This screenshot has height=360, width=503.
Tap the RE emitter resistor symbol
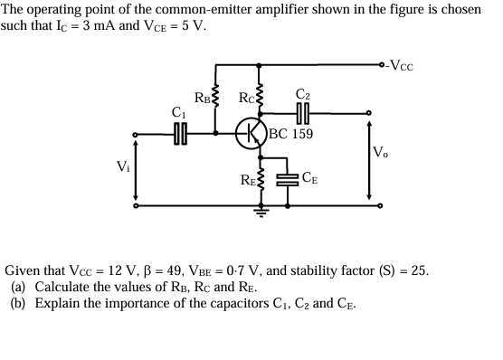(x=261, y=179)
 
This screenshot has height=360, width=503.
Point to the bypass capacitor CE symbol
(x=287, y=177)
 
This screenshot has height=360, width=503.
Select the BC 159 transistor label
(x=291, y=134)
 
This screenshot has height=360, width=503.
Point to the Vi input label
(x=122, y=167)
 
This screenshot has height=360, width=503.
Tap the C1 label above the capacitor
(x=179, y=113)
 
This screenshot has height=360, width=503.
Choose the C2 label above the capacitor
(x=303, y=95)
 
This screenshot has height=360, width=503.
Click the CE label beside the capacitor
(x=309, y=177)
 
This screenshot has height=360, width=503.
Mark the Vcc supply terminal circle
(x=384, y=65)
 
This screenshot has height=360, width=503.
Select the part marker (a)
(x=18, y=287)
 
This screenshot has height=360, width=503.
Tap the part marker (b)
(x=18, y=304)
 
